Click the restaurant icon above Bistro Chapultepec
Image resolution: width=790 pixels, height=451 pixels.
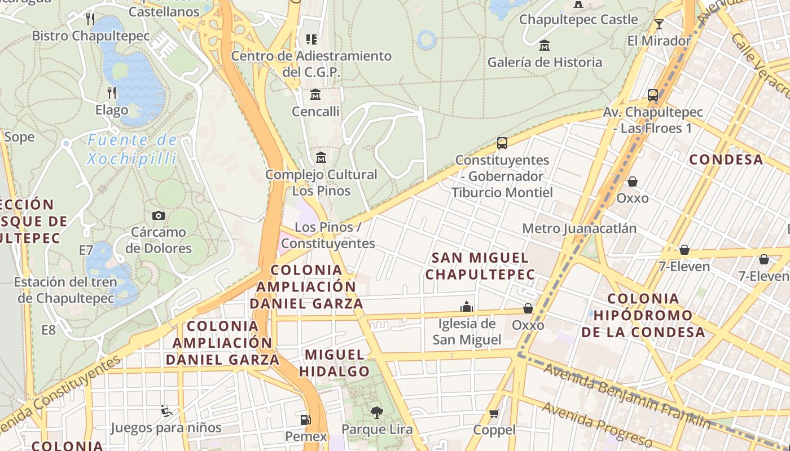(x=90, y=19)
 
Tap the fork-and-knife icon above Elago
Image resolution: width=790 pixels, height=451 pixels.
(x=112, y=92)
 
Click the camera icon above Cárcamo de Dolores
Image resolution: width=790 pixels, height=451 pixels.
(x=159, y=215)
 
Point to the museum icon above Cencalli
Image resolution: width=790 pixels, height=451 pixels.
(x=315, y=94)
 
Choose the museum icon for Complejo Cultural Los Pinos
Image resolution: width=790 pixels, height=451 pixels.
(x=321, y=157)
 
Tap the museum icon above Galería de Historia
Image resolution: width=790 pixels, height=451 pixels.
(x=545, y=45)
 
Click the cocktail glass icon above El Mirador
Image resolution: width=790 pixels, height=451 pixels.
(x=659, y=24)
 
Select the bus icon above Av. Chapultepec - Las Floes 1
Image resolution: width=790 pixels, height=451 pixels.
(x=653, y=95)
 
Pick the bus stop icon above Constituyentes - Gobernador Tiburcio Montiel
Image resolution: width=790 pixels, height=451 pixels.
(x=502, y=143)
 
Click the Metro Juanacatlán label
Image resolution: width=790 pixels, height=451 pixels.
(x=579, y=228)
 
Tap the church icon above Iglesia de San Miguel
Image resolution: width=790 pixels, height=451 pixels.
(x=467, y=307)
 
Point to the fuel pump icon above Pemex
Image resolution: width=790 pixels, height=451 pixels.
(x=305, y=419)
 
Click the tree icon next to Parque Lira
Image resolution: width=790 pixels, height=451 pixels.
(x=376, y=413)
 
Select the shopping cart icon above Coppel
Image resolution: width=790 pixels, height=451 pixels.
(x=494, y=414)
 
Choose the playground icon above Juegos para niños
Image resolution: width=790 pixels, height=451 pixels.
(x=166, y=411)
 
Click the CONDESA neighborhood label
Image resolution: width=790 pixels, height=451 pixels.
(x=726, y=160)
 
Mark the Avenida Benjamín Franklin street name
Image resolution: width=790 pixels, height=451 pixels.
(x=626, y=396)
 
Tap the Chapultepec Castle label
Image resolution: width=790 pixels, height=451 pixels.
(x=578, y=19)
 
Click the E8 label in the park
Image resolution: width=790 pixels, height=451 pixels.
(x=49, y=330)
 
